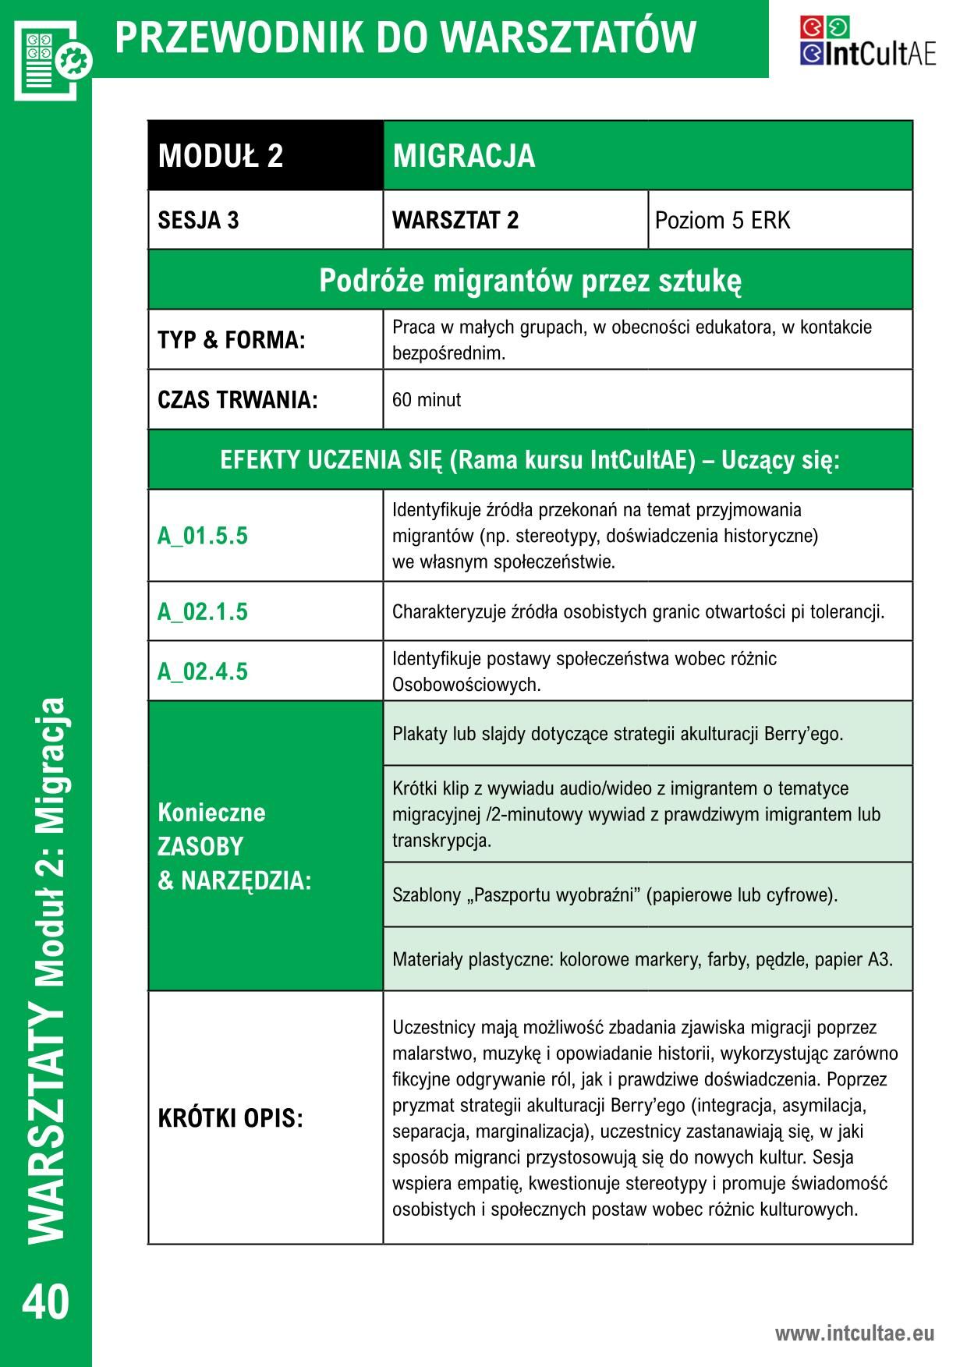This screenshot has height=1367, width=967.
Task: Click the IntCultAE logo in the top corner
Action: pos(867,41)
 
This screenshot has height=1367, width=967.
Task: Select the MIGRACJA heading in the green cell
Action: pos(464,156)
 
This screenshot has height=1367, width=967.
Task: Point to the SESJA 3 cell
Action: pos(199,221)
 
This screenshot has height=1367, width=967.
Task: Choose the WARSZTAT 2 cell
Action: pos(455,221)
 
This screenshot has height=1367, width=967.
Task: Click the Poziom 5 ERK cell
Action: pos(722,221)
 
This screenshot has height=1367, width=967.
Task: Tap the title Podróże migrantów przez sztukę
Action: pos(530,280)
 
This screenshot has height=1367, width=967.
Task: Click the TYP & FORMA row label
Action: pos(232,340)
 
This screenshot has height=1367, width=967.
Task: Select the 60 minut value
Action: pos(427,400)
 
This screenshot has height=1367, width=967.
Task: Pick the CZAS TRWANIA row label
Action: pos(238,400)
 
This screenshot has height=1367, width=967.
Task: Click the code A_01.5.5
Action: pos(203,536)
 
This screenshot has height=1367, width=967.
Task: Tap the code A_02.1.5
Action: pos(203,611)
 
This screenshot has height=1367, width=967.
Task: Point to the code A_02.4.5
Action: pos(203,671)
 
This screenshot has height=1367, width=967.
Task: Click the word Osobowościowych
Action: pos(466,685)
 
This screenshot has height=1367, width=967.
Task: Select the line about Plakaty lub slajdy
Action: pos(618,734)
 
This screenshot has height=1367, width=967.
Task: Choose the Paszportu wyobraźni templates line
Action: pos(615,894)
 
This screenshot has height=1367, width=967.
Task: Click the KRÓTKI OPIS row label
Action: pos(230,1118)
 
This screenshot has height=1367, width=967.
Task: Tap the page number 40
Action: pos(46,1303)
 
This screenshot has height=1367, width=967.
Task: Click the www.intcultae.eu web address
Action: pos(854,1333)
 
